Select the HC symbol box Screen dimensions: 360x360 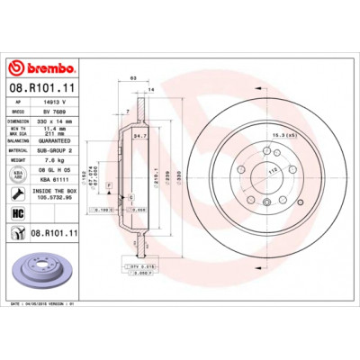click(x=18, y=212)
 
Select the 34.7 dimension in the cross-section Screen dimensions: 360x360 click(x=139, y=137)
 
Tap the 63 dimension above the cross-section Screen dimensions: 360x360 click(x=132, y=79)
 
